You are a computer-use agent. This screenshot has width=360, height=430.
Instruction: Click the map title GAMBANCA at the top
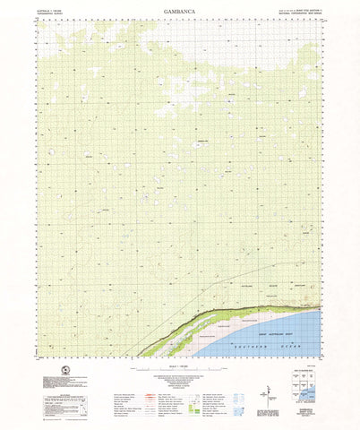point(179,13)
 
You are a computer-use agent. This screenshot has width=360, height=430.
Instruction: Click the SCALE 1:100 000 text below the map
point(179,365)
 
